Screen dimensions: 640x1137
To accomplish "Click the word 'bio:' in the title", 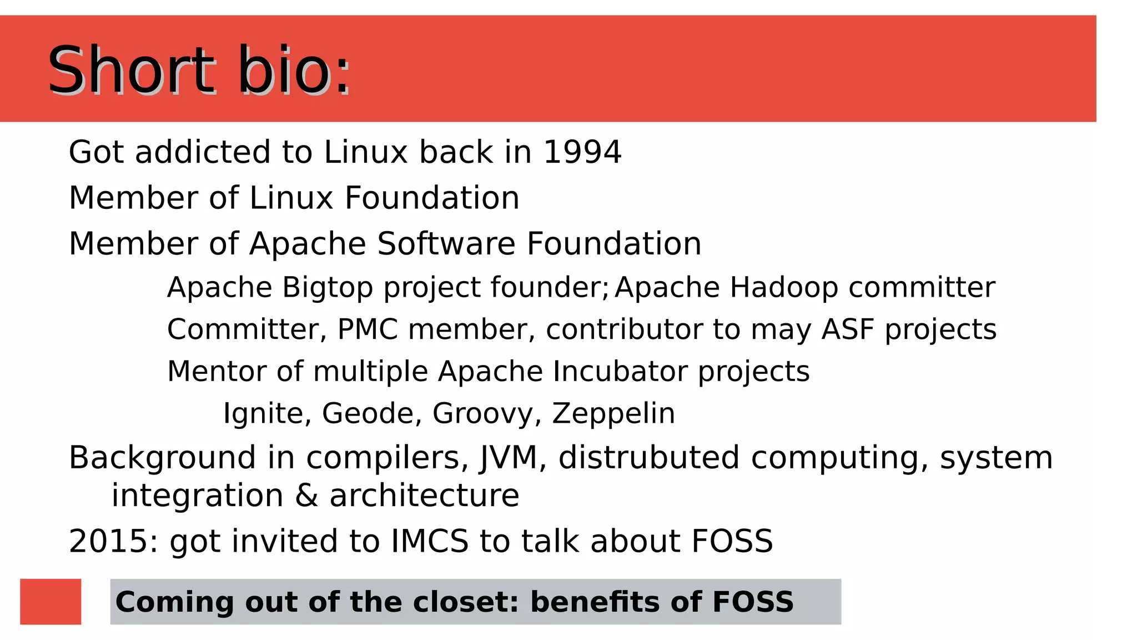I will [294, 71].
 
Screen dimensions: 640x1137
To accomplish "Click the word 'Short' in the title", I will [131, 71].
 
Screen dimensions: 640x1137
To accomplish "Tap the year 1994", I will [582, 152].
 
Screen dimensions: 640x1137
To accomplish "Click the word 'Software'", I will [446, 243].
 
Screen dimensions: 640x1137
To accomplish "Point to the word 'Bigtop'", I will [327, 288].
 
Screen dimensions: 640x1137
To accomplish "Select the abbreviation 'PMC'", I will [368, 329].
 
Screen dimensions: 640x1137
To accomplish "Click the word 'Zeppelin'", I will [613, 413].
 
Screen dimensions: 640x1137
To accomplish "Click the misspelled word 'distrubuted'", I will [648, 458].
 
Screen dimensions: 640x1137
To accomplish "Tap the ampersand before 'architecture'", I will [306, 496].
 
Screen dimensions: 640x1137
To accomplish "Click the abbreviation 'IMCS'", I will [430, 541].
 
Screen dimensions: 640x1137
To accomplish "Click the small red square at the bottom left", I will [51, 602].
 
